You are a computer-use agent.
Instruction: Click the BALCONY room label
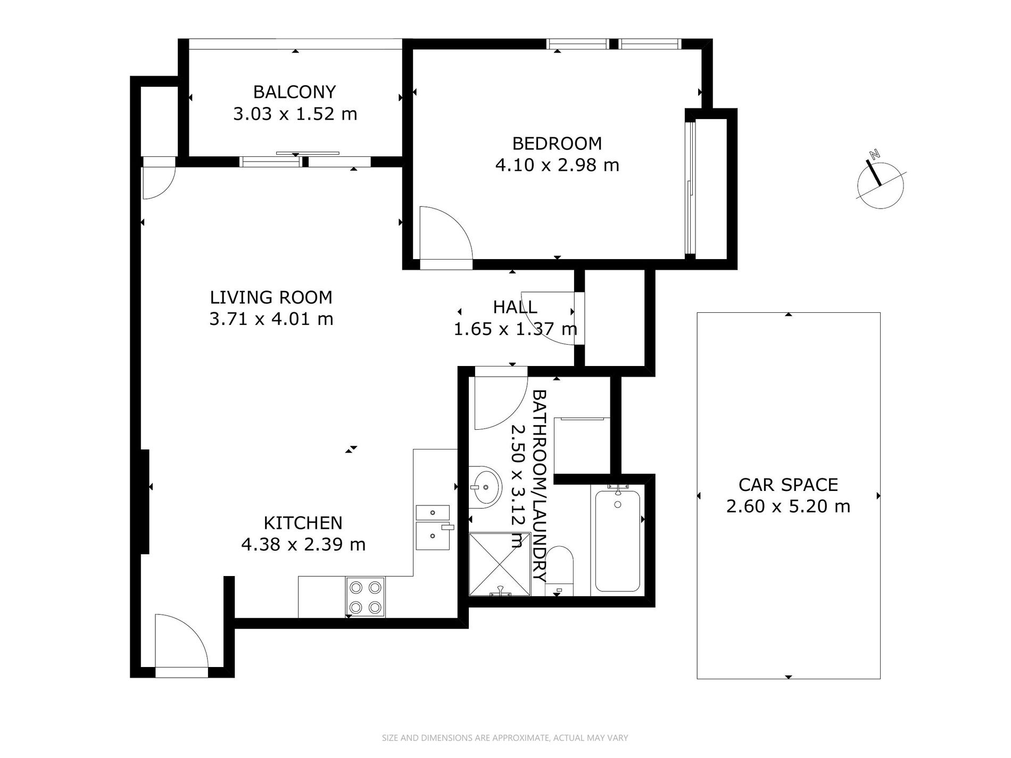[x=294, y=92]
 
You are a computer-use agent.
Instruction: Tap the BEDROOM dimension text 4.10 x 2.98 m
[x=557, y=165]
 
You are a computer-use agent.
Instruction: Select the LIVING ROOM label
[x=271, y=297]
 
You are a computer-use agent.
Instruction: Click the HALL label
[x=515, y=307]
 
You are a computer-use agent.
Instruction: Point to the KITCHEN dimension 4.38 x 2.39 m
[x=303, y=545]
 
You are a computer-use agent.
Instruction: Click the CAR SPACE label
[x=788, y=485]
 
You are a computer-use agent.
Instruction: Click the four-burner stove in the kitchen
[x=366, y=597]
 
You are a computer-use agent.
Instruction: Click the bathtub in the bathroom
[x=617, y=540]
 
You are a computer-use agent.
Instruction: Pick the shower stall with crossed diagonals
[x=500, y=564]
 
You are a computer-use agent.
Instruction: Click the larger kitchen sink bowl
[x=433, y=536]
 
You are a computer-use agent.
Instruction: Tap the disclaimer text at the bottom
[x=505, y=738]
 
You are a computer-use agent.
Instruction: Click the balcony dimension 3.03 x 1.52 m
[x=295, y=114]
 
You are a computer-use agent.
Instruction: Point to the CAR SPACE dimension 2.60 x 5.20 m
[x=788, y=506]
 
